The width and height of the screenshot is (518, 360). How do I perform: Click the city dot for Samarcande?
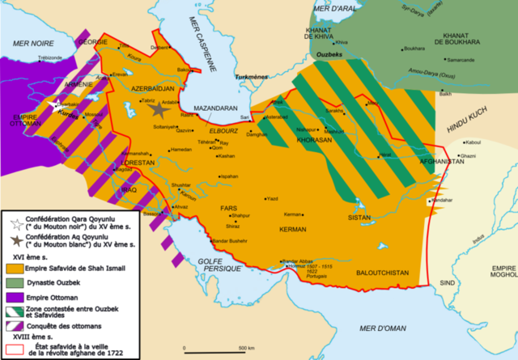tap(444, 60)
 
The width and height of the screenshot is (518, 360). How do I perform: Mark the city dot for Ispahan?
tap(218, 176)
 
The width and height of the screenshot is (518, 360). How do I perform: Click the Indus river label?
tap(458, 237)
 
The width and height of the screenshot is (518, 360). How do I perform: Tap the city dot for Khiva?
tap(335, 42)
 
